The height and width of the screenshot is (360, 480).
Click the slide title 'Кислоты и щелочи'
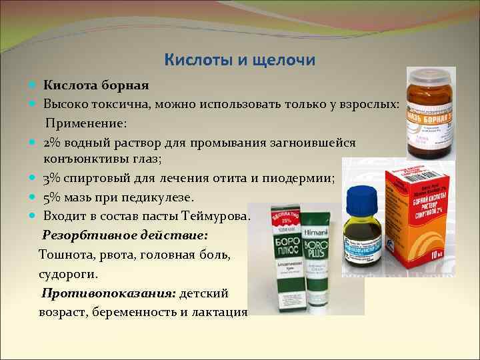tap(239, 60)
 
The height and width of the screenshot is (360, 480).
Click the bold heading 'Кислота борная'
tap(96, 85)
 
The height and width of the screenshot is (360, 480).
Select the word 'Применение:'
tap(86, 124)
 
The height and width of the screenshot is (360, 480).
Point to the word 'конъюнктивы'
tap(89, 159)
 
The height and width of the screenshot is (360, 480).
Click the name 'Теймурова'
tap(214, 215)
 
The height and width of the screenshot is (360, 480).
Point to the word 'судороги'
tap(68, 273)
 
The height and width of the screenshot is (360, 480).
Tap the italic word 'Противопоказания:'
tap(108, 293)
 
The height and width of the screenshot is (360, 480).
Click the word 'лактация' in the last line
tap(221, 311)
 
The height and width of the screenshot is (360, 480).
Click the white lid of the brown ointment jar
tap(433, 75)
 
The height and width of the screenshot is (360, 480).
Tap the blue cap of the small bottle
tap(362, 197)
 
